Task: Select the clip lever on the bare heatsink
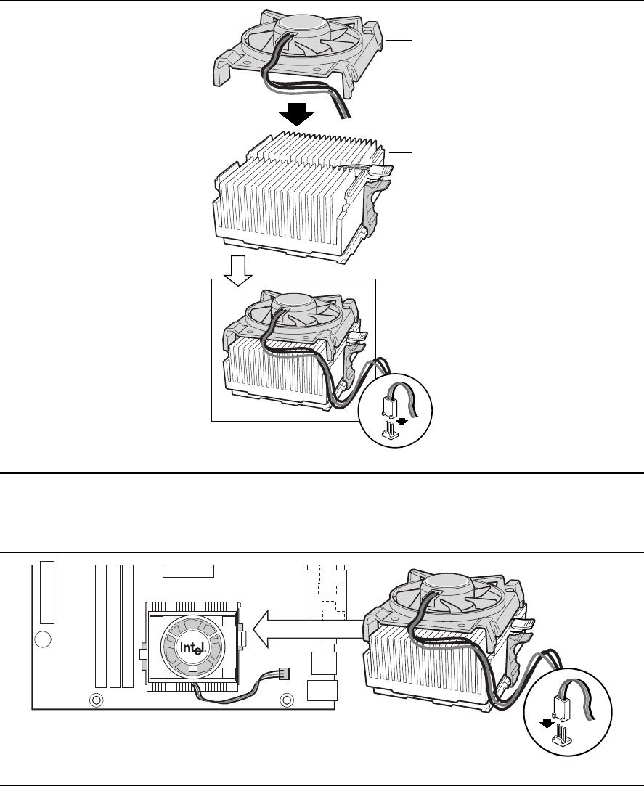point(380,172)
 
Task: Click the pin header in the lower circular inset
point(561,741)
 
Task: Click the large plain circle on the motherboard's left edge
point(44,639)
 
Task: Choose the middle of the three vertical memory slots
point(114,627)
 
